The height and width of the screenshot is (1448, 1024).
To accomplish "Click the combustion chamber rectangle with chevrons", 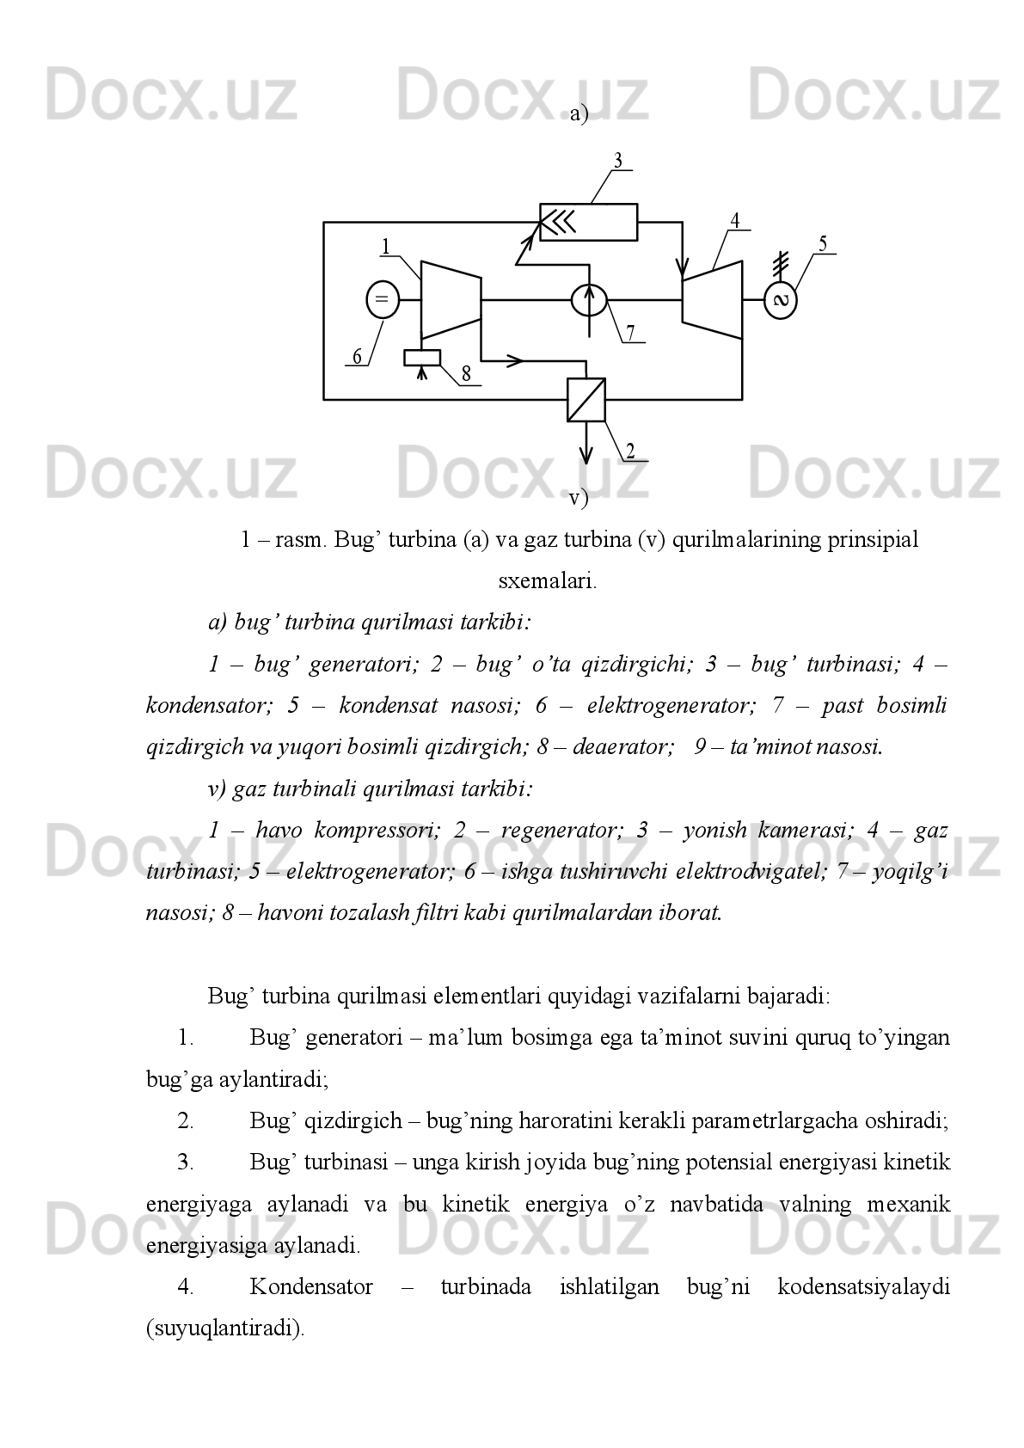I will point(588,222).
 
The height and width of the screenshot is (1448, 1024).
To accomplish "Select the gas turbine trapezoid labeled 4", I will point(711,300).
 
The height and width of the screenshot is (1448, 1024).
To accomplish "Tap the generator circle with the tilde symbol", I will point(781,300).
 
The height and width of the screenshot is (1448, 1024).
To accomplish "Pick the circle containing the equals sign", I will point(383,299).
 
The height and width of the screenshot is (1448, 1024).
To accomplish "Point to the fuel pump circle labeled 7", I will point(589,299).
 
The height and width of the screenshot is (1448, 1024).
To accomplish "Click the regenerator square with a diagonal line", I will point(586,400).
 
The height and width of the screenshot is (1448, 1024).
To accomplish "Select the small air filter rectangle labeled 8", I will point(422,358).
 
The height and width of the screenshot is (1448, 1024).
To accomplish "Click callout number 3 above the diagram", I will point(617,161).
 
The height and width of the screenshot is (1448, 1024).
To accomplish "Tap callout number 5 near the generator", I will point(823,243).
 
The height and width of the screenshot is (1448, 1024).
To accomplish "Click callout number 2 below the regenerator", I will point(630,451).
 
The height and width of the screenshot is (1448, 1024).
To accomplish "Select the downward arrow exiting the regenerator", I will point(586,447).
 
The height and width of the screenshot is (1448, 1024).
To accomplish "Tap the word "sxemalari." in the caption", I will point(548,581).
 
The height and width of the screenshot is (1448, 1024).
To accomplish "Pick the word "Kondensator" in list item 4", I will point(311,1287).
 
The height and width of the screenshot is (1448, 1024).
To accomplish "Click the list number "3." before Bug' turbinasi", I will point(186,1163).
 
